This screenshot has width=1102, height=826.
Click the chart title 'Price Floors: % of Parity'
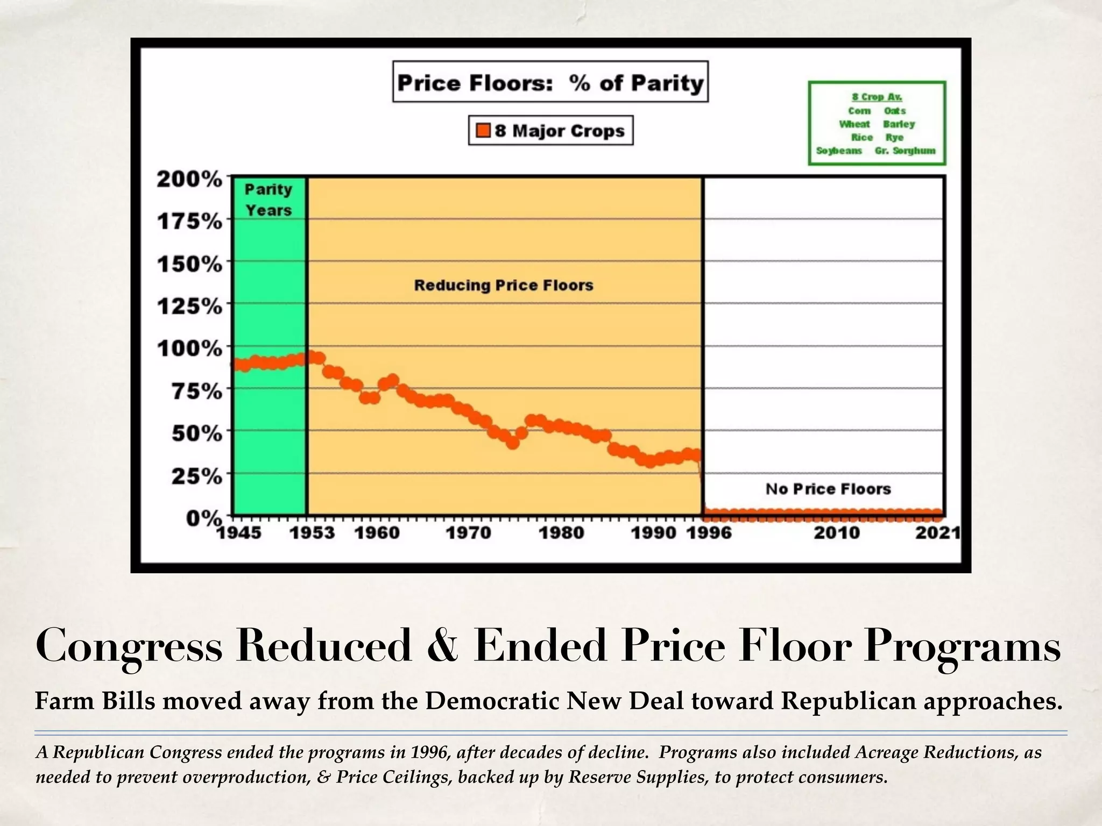(550, 82)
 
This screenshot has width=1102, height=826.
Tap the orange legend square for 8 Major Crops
(483, 130)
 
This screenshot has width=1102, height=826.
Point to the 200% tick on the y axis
(189, 179)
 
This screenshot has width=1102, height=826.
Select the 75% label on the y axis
(196, 391)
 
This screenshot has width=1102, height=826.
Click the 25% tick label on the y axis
(196, 476)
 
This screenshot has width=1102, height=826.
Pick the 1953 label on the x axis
(312, 533)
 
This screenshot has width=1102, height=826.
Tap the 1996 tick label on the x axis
(709, 533)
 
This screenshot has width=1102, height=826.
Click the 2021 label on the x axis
(937, 533)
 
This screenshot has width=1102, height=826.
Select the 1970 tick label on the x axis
(468, 533)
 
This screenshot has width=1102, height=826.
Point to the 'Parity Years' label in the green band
(269, 200)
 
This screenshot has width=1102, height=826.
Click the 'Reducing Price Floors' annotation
(504, 285)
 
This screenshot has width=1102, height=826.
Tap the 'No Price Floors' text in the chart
(828, 489)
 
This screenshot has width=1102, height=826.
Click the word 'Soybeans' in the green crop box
(839, 151)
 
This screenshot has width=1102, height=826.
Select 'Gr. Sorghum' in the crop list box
(905, 151)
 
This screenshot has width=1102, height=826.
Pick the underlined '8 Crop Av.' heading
(877, 97)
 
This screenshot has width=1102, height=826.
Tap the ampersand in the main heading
(443, 647)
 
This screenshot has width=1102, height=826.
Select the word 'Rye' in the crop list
(894, 137)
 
